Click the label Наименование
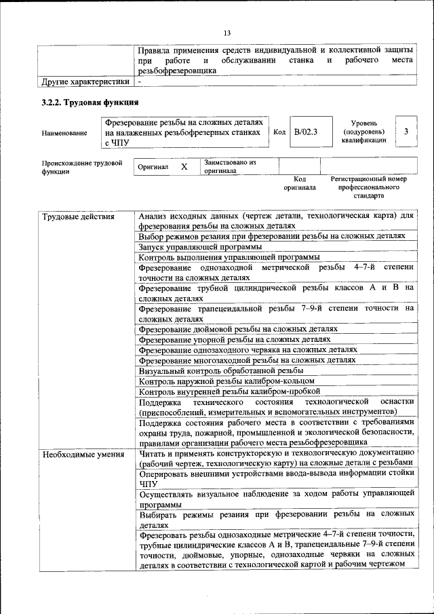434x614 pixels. [64, 134]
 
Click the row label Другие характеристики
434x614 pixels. [85, 81]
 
